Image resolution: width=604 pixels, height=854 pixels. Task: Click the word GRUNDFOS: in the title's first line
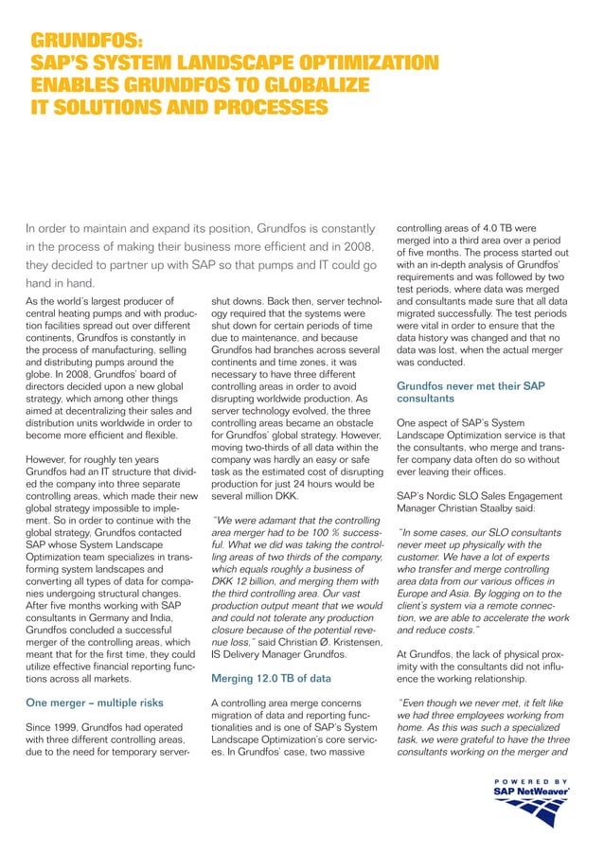coord(86,42)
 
